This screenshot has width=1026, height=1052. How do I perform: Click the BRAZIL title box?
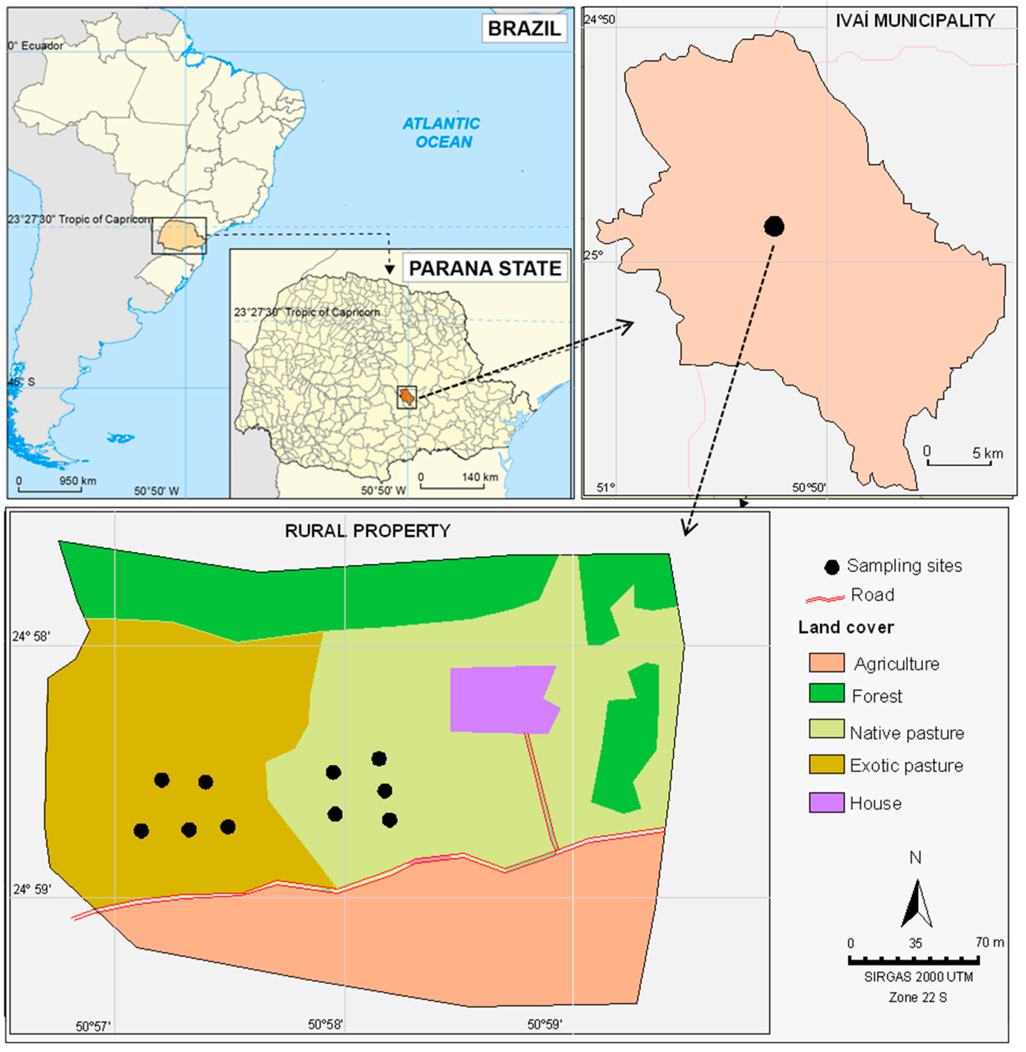point(524,29)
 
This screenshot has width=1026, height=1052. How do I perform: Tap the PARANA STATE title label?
point(484,268)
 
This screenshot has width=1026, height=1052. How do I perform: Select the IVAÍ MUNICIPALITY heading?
point(914,21)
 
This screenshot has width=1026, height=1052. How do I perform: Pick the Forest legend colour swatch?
point(826,695)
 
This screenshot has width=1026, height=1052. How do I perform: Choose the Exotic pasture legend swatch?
point(826,764)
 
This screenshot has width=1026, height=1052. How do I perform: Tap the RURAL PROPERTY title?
point(368,531)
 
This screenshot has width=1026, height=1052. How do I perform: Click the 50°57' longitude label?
point(93,1026)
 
